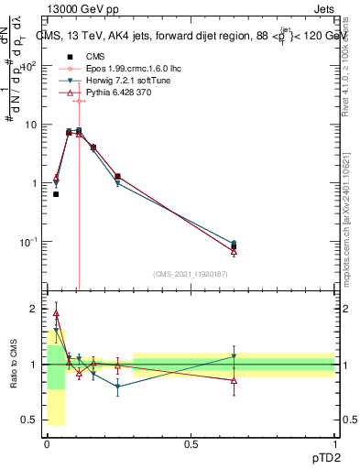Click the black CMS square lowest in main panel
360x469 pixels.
pyautogui.click(x=56, y=194)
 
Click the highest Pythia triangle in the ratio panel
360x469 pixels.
pyautogui.click(x=56, y=313)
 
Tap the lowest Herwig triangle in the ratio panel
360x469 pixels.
pyautogui.click(x=117, y=387)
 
